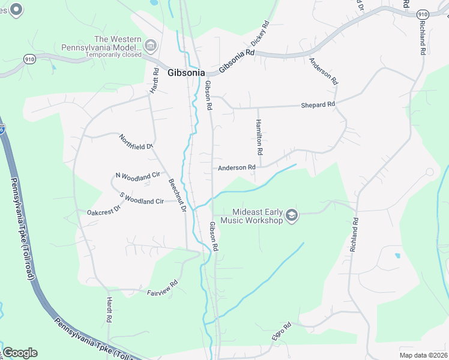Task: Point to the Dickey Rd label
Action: point(260,35)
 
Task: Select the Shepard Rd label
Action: point(318,105)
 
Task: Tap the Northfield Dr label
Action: point(136,142)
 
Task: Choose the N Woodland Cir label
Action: point(138,175)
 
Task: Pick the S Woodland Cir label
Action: point(142,199)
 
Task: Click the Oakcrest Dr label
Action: point(104,211)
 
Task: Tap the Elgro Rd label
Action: point(281,332)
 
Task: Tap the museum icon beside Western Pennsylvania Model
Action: point(151,46)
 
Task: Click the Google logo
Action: point(20,353)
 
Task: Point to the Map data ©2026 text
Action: point(423,355)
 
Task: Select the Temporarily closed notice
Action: point(113,55)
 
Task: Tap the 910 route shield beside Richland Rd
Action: point(422,14)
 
